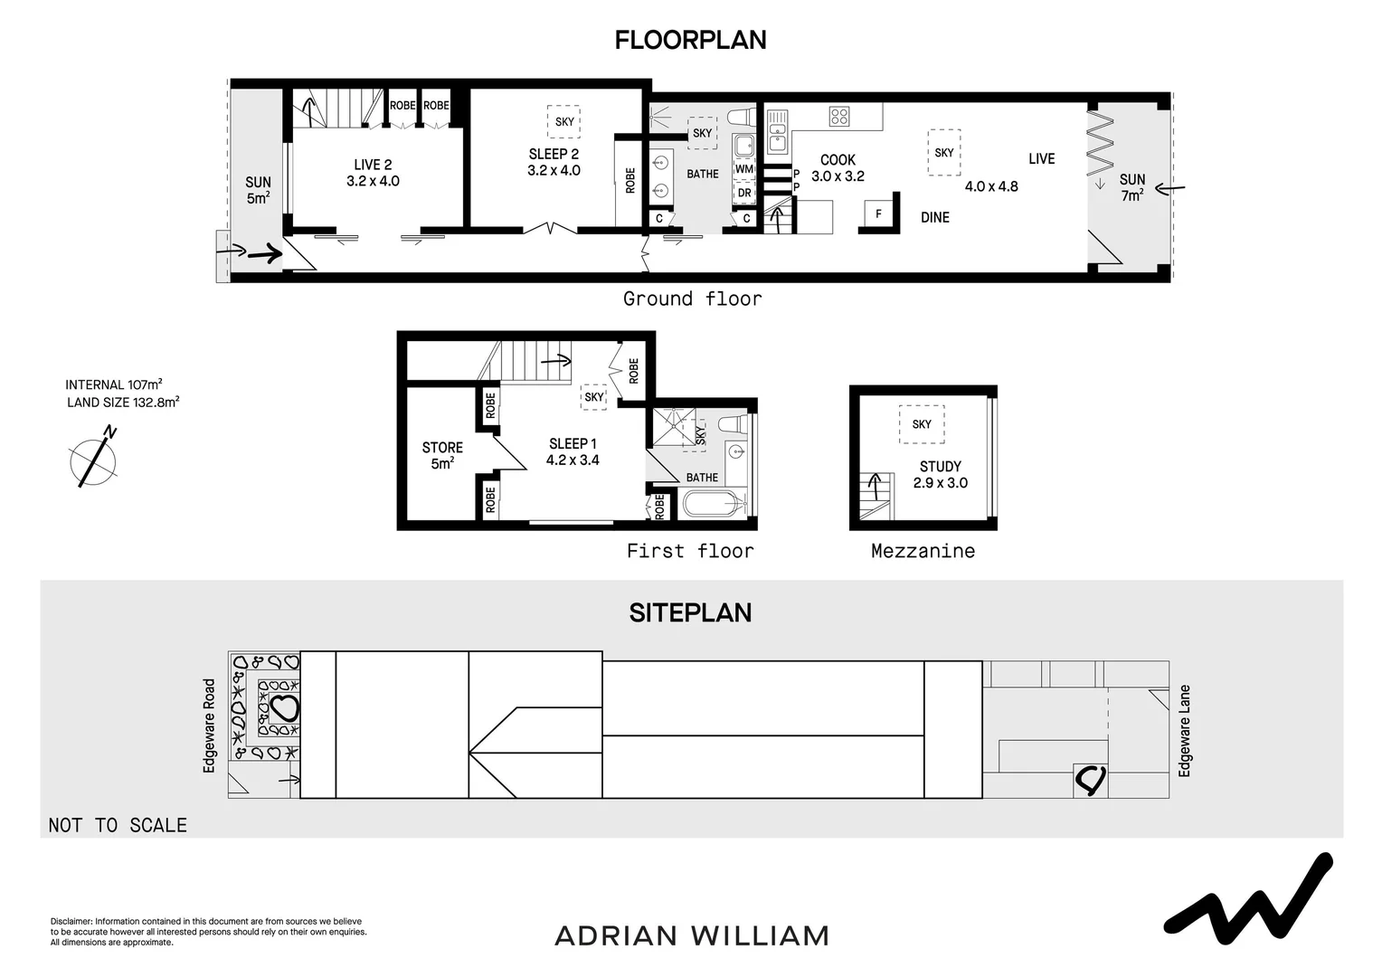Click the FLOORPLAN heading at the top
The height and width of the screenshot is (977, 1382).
pos(690,40)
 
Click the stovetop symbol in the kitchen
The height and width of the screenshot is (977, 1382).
pos(839,116)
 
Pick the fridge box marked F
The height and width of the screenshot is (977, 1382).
pos(878,214)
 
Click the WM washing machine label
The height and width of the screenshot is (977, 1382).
pos(743,169)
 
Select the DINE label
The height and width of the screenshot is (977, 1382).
pos(934,217)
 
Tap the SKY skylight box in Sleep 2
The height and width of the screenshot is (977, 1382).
pos(564,122)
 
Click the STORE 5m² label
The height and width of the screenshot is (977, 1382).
pos(442,455)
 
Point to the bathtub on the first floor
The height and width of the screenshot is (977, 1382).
pos(714,503)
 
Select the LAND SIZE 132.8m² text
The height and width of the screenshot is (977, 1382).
pos(123,403)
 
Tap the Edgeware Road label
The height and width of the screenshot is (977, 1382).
pos(210,726)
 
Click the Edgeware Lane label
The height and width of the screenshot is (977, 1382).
pos(1185,731)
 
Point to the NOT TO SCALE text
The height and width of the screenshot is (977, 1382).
pos(118,825)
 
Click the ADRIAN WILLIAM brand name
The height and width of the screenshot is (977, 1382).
pos(691,935)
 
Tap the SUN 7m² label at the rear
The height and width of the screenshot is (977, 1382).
pos(1131,187)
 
